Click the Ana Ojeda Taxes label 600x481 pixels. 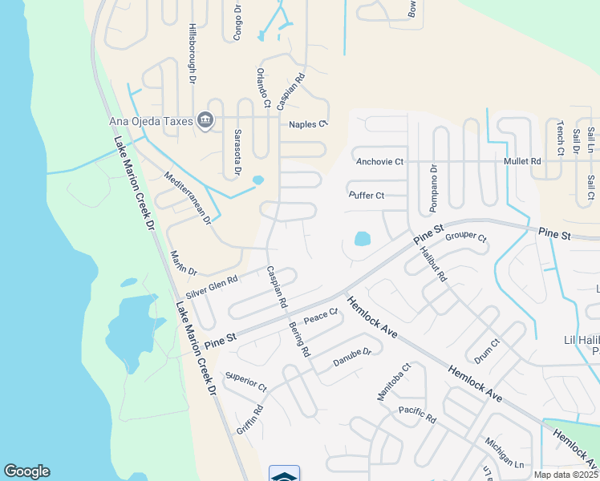151,121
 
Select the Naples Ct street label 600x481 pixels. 309,124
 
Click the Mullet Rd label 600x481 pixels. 522,161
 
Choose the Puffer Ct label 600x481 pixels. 367,195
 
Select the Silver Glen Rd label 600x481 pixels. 212,288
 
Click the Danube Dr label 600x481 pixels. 353,358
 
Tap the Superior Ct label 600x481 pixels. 246,381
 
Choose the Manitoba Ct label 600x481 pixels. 394,382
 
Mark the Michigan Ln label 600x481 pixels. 504,454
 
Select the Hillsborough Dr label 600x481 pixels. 193,53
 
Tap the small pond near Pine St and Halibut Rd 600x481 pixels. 363,238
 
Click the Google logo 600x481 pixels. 26,471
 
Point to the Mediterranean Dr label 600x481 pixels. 187,196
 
